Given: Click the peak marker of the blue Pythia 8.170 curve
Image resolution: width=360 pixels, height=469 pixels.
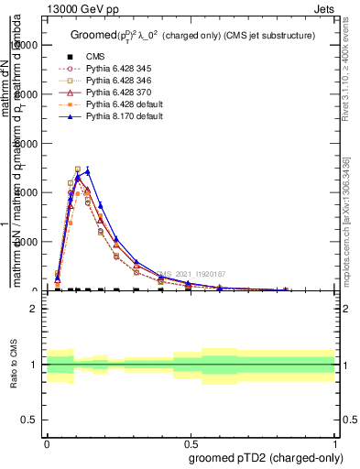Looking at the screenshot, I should tap(88, 171).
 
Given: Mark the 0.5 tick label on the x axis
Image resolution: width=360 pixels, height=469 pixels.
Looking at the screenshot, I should tap(191, 441).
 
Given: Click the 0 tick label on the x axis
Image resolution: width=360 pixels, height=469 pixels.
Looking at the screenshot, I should tap(47, 441).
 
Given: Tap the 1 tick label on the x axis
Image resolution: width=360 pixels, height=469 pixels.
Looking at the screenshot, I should tap(335, 441).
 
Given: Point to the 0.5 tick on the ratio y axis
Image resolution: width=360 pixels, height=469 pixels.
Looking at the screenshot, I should tap(29, 420).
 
